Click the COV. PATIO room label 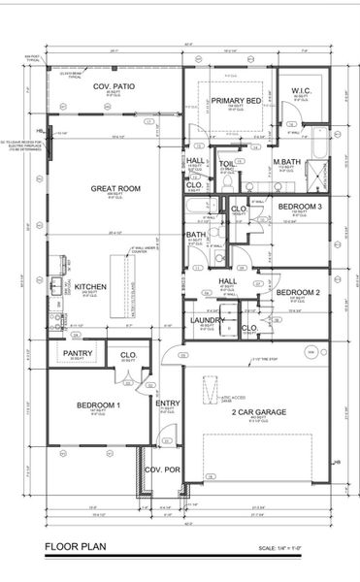click(114, 87)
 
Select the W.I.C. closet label click(300, 92)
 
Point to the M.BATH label click(284, 161)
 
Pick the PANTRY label click(78, 354)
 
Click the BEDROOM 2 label click(299, 292)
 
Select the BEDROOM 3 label click(300, 208)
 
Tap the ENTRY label click(168, 404)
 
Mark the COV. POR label click(164, 469)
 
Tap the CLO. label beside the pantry click(129, 354)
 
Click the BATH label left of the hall click(196, 235)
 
